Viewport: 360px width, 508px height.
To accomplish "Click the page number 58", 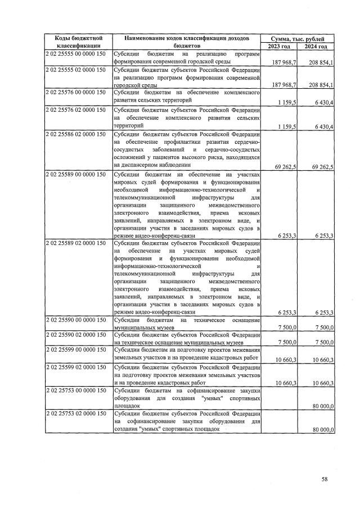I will (325, 479).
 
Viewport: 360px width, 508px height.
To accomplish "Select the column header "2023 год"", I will (278, 46).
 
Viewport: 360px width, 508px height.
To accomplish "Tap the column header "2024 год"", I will (316, 46).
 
